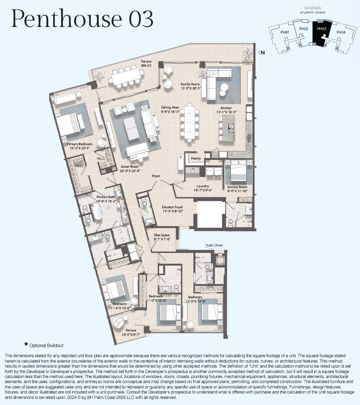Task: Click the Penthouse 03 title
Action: pyautogui.click(x=82, y=19)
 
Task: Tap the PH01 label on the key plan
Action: pyautogui.click(x=284, y=32)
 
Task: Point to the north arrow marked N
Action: pyautogui.click(x=261, y=53)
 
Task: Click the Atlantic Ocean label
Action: pyautogui.click(x=312, y=12)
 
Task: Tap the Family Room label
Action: pyautogui.click(x=190, y=84)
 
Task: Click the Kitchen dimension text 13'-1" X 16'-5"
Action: pyautogui.click(x=226, y=112)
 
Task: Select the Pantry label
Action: pyautogui.click(x=196, y=158)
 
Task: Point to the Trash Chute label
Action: pyautogui.click(x=214, y=245)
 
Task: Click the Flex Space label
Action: pyautogui.click(x=162, y=235)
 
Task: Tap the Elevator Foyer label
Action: pyautogui.click(x=172, y=207)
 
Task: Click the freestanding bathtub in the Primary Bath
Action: pyautogui.click(x=97, y=212)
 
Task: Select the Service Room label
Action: pyautogui.click(x=237, y=187)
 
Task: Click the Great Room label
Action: pyautogui.click(x=130, y=167)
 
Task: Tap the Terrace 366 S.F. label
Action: pyautogui.click(x=146, y=64)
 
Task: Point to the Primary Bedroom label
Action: pyautogui.click(x=79, y=144)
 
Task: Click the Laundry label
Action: pyautogui.click(x=203, y=186)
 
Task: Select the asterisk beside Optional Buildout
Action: pyautogui.click(x=26, y=344)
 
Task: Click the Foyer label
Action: pyautogui.click(x=156, y=176)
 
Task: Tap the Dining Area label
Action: pyautogui.click(x=170, y=108)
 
